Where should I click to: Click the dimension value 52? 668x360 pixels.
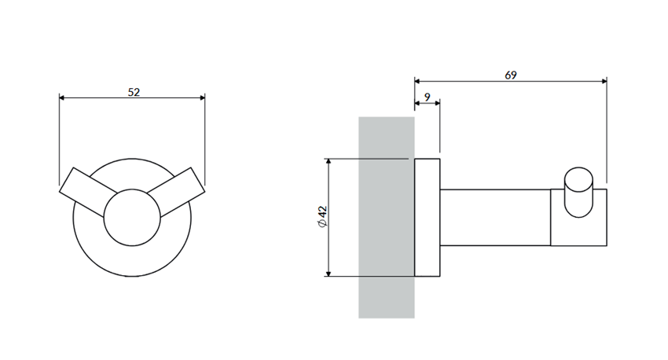click(x=134, y=92)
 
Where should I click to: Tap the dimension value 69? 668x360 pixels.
click(x=511, y=75)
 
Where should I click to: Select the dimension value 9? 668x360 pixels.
click(x=428, y=97)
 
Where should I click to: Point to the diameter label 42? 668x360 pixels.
click(x=322, y=212)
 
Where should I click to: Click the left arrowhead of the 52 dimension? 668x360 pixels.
click(x=62, y=97)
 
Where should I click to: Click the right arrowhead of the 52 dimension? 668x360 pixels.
click(x=202, y=97)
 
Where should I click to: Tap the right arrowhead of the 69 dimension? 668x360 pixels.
click(x=604, y=81)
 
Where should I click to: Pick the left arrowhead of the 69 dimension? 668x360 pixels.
click(x=417, y=81)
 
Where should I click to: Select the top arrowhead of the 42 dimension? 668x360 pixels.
click(x=328, y=162)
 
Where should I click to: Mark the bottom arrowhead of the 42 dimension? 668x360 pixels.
click(x=328, y=273)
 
